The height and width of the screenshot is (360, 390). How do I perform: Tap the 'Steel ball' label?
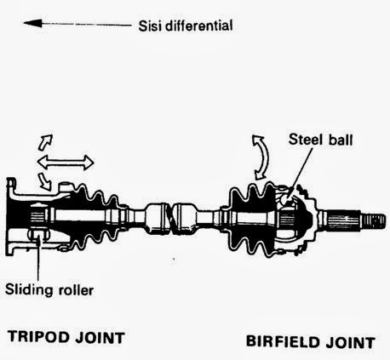pos(316,139)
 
